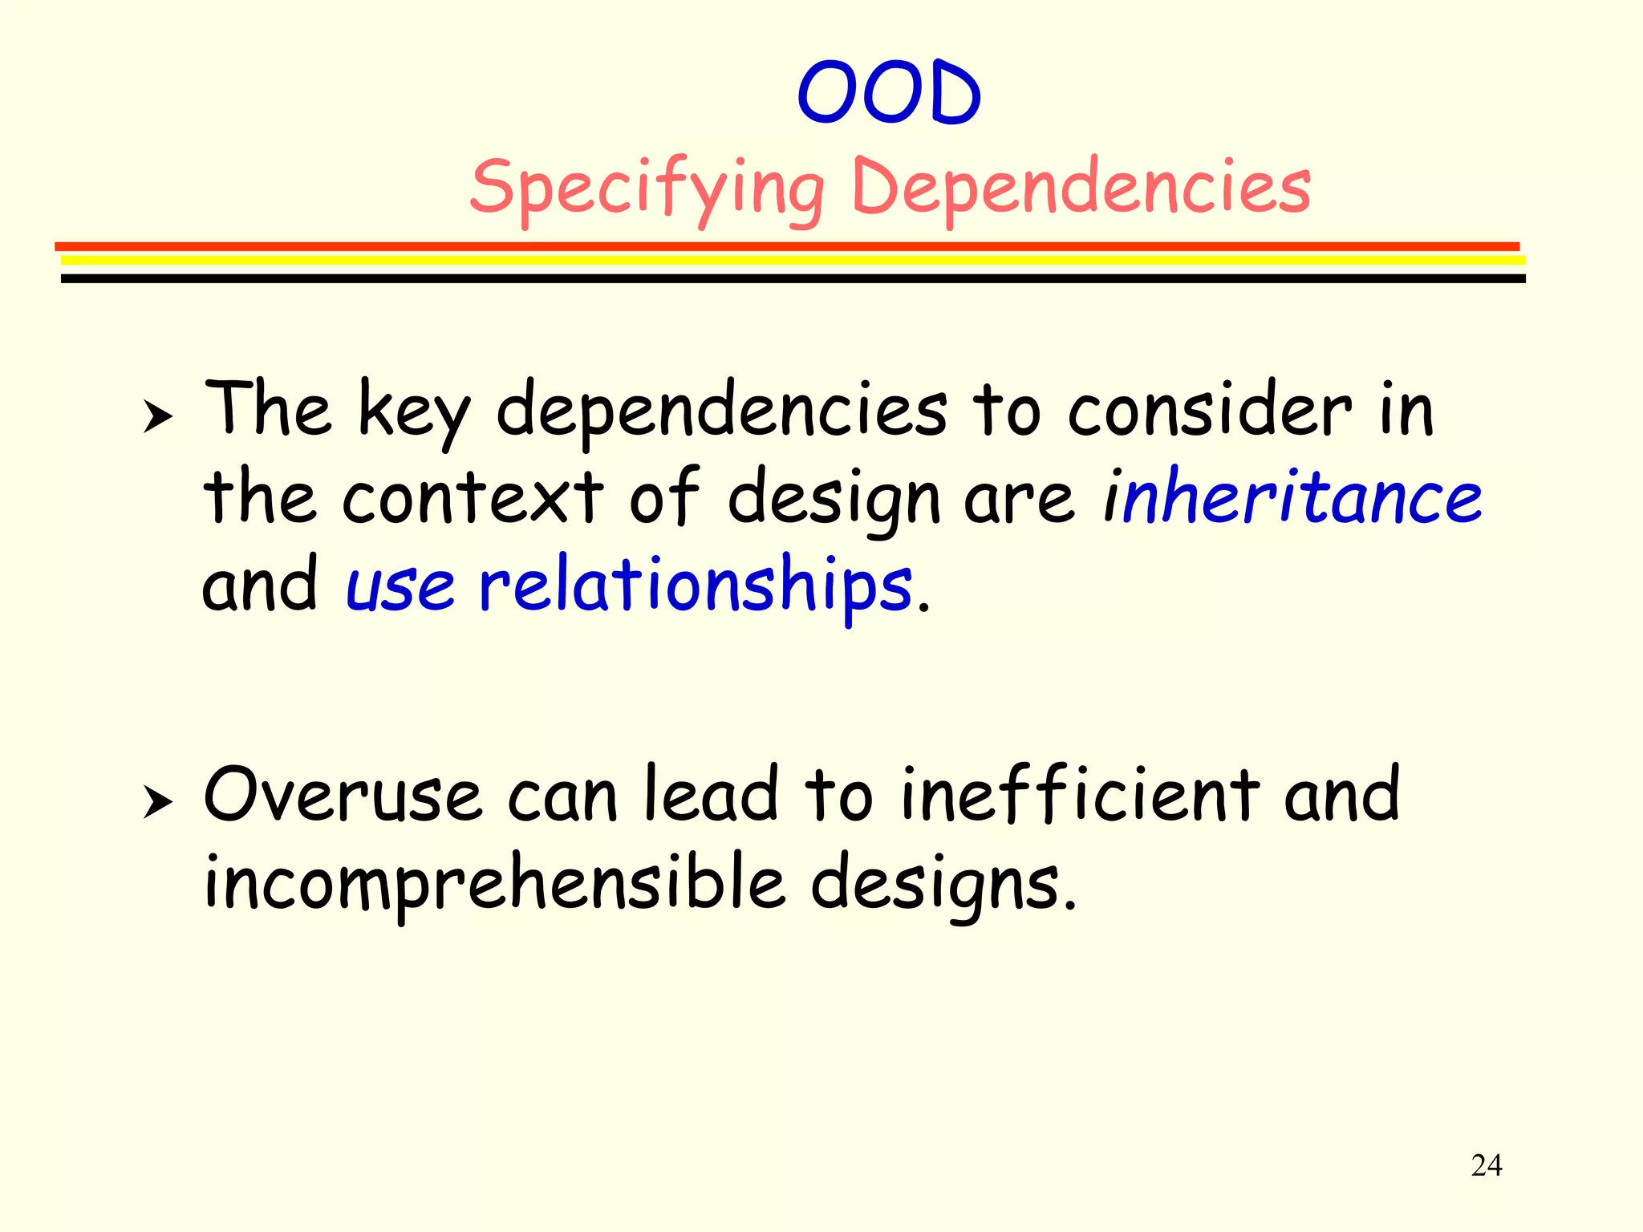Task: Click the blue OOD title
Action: [x=889, y=95]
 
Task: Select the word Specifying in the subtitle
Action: [x=647, y=188]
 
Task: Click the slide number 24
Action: [x=1486, y=1165]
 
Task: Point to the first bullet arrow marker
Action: [x=158, y=417]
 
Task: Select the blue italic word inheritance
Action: [x=1293, y=497]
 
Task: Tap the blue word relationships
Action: [x=696, y=586]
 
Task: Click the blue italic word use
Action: [x=400, y=586]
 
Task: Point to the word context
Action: [x=473, y=497]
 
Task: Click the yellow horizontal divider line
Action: [x=793, y=260]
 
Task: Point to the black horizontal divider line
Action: [x=793, y=278]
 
